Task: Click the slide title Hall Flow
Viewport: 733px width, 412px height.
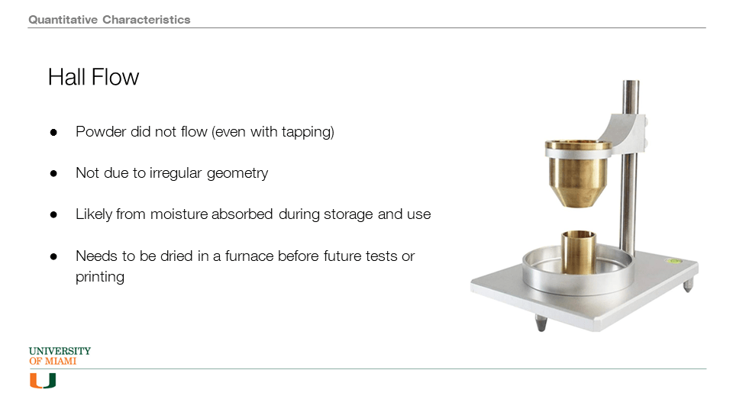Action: [93, 77]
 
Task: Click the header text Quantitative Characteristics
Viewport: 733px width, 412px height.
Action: [109, 20]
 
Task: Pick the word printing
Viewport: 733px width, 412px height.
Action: [100, 277]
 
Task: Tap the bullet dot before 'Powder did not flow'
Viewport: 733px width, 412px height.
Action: [53, 133]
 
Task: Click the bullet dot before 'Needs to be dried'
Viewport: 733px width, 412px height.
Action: [53, 256]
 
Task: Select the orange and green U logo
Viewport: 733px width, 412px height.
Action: [43, 381]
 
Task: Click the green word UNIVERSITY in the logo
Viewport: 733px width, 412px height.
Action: [60, 351]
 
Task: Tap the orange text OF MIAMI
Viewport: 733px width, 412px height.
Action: [53, 361]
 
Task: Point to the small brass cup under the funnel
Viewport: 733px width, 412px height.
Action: [579, 253]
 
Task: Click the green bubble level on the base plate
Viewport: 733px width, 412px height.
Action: [673, 261]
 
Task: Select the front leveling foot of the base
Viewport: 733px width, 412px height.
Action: [541, 323]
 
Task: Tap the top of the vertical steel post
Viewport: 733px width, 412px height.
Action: [631, 82]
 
